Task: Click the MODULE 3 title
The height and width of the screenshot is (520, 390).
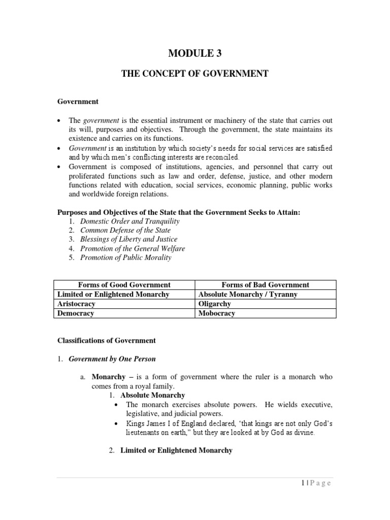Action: (x=194, y=53)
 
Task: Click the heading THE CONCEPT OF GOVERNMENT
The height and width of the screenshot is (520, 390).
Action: (x=194, y=74)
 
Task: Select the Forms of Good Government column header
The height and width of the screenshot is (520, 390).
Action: (x=124, y=285)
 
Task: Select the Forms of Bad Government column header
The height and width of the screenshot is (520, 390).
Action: (x=266, y=285)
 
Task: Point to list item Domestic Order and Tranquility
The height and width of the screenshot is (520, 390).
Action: (x=130, y=221)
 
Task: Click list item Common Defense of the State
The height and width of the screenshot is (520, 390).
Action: (x=125, y=231)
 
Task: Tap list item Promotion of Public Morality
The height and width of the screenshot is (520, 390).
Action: (x=126, y=257)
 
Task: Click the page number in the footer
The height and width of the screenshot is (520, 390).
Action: (x=315, y=483)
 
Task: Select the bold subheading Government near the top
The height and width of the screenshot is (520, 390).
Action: (x=77, y=102)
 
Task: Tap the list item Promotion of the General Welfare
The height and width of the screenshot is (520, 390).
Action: (x=133, y=248)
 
